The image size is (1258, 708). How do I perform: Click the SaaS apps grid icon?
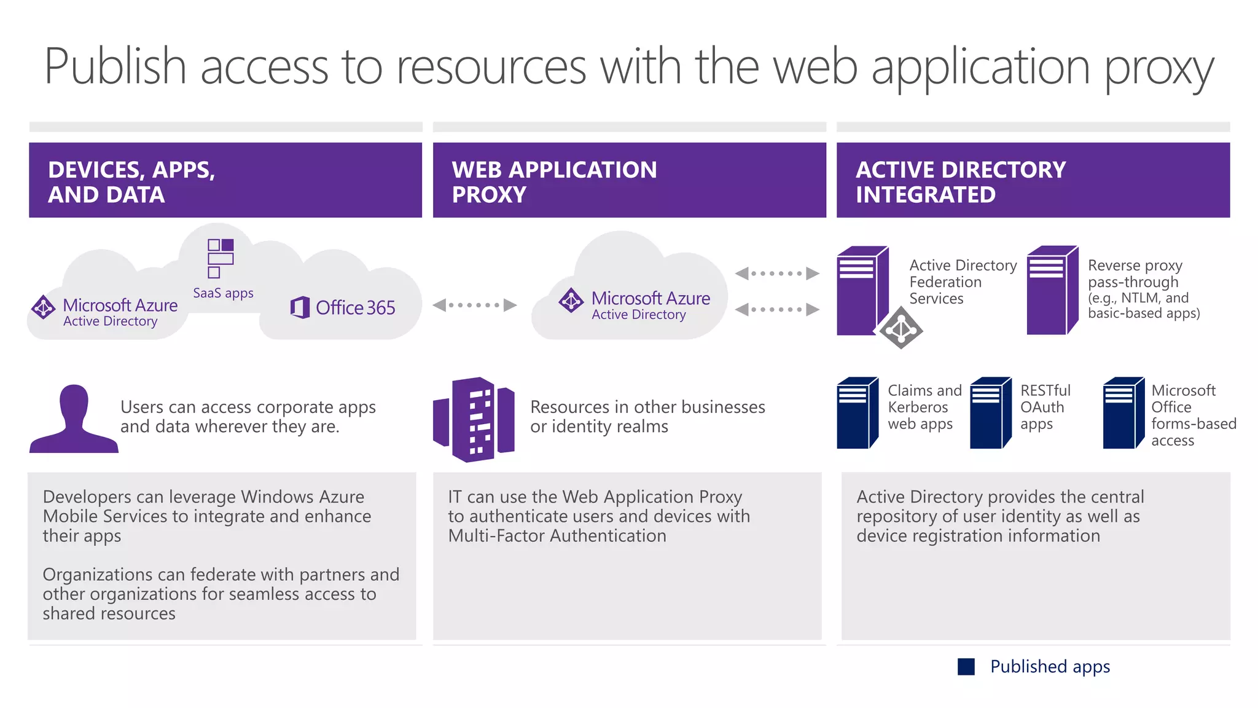(221, 258)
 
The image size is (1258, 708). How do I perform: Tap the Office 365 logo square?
(300, 307)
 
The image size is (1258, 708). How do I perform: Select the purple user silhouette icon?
(73, 419)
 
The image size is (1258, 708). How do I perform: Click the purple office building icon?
(474, 419)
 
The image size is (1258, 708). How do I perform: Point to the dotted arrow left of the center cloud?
(474, 305)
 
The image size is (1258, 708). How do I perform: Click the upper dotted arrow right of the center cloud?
(777, 273)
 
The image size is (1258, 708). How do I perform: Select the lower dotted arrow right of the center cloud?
(777, 309)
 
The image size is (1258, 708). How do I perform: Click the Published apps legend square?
(966, 667)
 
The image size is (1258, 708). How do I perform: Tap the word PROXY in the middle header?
(489, 195)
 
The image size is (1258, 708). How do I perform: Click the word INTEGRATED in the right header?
(925, 195)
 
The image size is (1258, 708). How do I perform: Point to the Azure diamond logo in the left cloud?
(44, 307)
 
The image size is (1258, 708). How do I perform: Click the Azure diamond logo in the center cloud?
(571, 300)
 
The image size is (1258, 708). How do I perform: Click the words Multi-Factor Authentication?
(557, 536)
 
